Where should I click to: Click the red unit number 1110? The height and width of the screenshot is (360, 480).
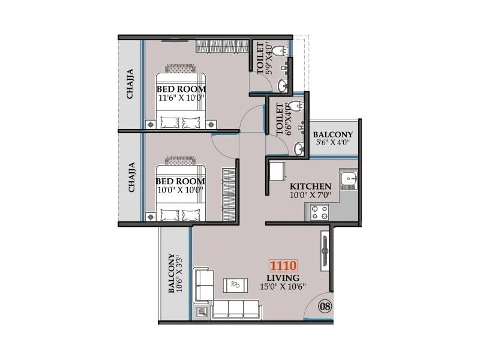coord(283,266)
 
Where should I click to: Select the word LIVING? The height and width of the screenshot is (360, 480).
coord(283,278)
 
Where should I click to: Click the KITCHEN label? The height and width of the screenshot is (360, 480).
coord(311,186)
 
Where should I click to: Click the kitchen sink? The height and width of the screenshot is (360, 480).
coord(348,179)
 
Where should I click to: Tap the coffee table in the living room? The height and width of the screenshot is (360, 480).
coord(235,285)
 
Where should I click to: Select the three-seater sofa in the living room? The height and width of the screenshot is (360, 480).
coord(236,308)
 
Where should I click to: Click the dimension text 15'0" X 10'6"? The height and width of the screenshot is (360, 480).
coord(283,287)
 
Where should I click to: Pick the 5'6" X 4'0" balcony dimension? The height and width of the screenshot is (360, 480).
coord(332,143)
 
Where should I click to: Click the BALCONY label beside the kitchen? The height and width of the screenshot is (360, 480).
coord(333,134)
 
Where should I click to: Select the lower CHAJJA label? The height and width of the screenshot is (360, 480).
coord(130,177)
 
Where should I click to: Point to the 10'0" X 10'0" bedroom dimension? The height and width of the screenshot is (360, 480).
coord(180,190)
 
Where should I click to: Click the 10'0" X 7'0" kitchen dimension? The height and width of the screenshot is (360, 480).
coord(310,194)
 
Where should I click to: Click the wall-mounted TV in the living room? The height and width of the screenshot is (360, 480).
coord(325,251)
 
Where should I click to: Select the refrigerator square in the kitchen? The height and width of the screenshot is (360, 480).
coord(278,172)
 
